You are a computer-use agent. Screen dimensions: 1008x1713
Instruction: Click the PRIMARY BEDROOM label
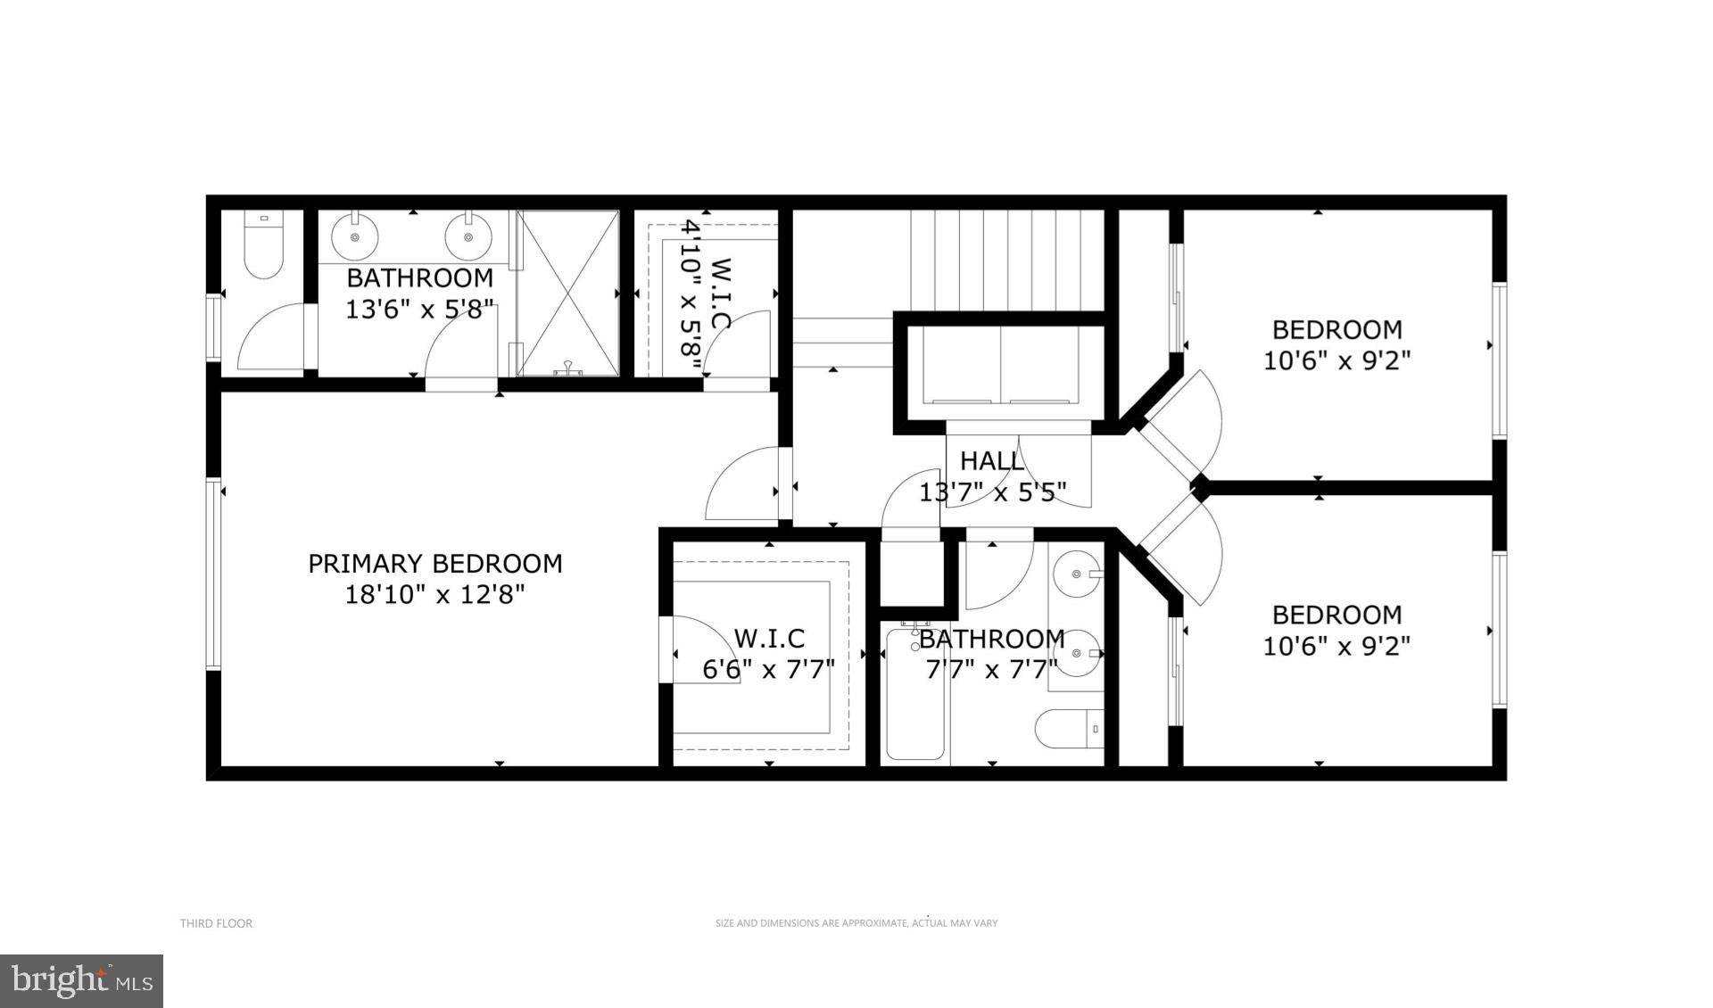[x=434, y=564]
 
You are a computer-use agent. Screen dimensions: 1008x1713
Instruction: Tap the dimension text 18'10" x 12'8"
[x=434, y=594]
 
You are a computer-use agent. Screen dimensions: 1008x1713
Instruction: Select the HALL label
[x=991, y=461]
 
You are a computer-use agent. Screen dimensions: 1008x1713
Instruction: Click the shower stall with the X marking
[x=568, y=293]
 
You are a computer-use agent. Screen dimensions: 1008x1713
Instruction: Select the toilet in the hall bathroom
[x=1071, y=729]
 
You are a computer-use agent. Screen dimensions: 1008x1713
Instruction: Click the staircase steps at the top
[x=1006, y=259]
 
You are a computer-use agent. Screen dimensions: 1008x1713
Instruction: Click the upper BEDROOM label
[x=1336, y=330]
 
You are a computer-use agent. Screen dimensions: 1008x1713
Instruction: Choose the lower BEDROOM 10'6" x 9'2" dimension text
[x=1336, y=646]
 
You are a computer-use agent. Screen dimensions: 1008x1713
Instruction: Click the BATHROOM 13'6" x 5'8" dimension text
[x=419, y=309]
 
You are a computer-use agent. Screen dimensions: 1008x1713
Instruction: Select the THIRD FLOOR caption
[x=216, y=923]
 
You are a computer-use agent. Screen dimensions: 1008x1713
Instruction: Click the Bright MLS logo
[x=81, y=981]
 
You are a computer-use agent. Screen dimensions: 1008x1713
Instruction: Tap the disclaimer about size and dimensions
[x=856, y=923]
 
